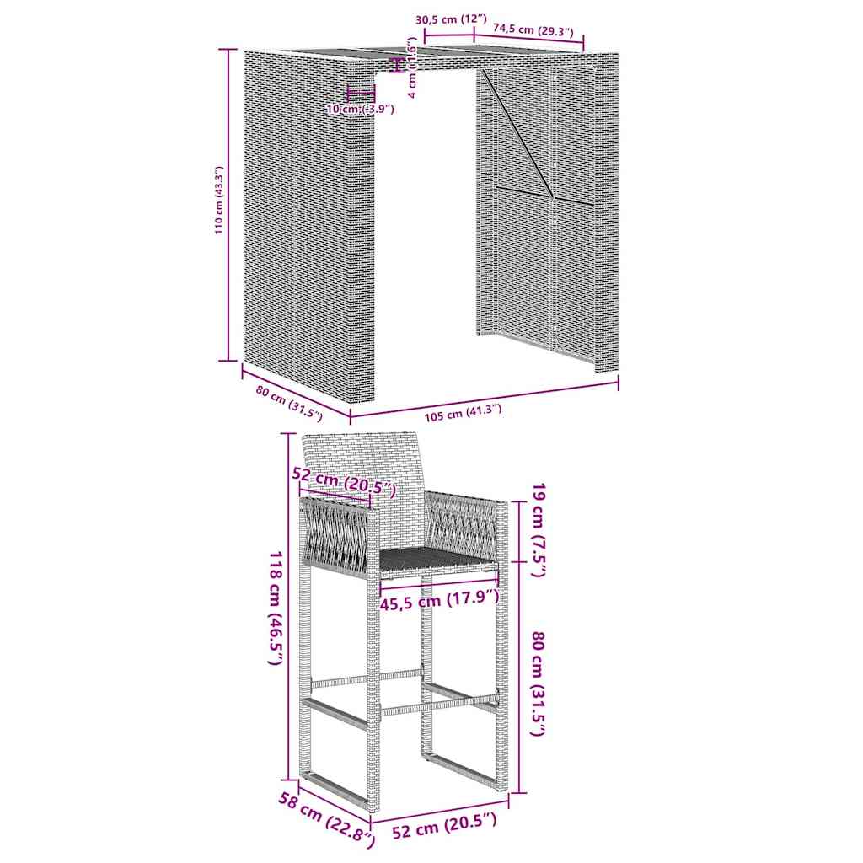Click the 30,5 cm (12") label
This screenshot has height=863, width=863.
pyautogui.click(x=452, y=19)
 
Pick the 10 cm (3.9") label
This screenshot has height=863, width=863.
pyautogui.click(x=360, y=109)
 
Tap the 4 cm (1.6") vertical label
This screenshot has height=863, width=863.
pyautogui.click(x=411, y=67)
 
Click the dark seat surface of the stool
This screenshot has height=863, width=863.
pyautogui.click(x=434, y=556)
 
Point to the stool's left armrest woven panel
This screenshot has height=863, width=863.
pyautogui.click(x=335, y=536)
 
